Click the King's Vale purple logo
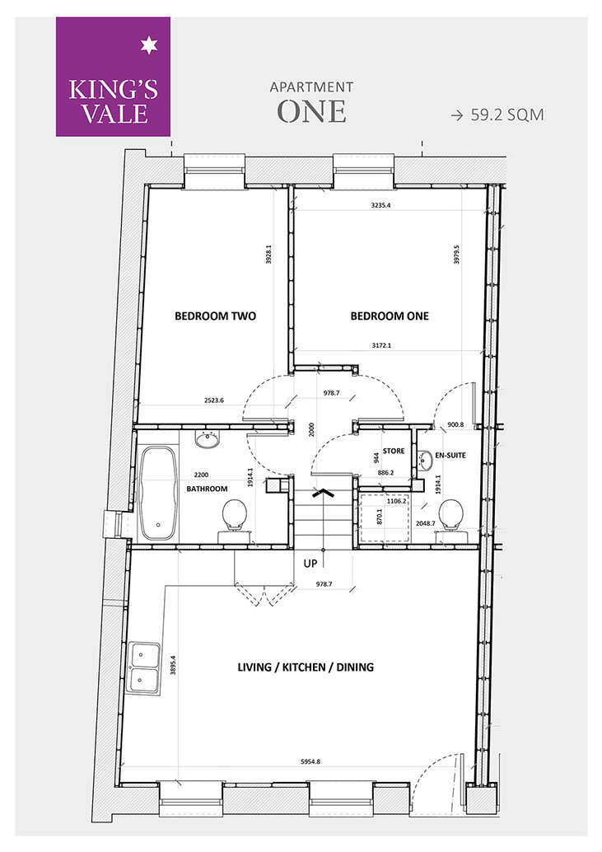coord(113,77)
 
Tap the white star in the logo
coord(148,46)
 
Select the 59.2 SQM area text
coord(507,115)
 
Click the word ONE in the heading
coord(311,111)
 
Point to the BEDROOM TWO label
coord(216,316)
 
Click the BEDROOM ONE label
coord(390,316)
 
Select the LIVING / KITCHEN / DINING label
coord(306,667)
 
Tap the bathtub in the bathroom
coord(158,494)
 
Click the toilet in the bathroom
coord(235,520)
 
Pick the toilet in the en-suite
coord(451,520)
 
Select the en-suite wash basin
coord(426,461)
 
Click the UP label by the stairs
coord(310,564)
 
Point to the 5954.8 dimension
coord(310,762)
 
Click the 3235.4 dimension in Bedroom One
coord(380,205)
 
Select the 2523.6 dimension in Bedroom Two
coord(214,400)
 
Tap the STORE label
coord(394,451)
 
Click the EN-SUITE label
coord(450,456)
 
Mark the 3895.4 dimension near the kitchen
coord(173,663)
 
